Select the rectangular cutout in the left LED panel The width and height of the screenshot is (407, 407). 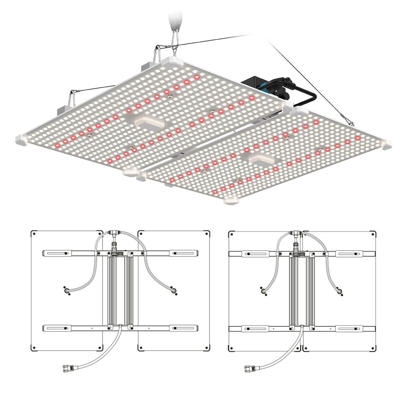(x=149, y=122)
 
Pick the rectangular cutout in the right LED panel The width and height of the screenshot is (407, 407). (x=260, y=160)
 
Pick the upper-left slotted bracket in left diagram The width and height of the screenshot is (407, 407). (x=58, y=253)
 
